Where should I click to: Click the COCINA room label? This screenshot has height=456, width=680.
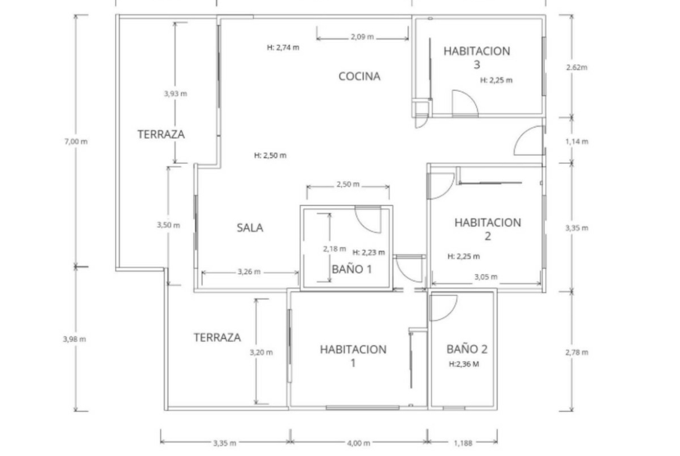click(359, 76)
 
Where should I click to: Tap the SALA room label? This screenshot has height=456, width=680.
click(250, 228)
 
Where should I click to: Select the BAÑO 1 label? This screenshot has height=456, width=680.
click(352, 269)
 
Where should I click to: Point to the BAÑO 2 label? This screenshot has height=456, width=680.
click(467, 349)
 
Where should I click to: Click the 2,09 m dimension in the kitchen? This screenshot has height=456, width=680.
click(362, 37)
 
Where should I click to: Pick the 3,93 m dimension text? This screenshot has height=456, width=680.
click(176, 93)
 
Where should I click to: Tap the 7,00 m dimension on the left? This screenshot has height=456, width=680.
click(76, 141)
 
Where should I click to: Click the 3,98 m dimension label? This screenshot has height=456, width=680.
click(74, 339)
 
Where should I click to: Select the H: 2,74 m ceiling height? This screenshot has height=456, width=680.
click(283, 47)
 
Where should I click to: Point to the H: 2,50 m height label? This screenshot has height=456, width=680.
click(270, 155)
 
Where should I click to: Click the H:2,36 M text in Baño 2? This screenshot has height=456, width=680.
click(464, 364)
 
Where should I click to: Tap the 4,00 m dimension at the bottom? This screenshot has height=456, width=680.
click(359, 443)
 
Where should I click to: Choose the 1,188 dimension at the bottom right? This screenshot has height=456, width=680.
click(463, 443)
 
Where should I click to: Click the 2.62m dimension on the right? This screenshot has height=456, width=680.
click(577, 67)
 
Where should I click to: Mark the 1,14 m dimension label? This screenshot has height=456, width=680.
click(577, 141)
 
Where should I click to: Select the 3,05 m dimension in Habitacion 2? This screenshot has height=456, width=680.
click(486, 277)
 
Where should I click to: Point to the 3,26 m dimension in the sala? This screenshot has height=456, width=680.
click(249, 272)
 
